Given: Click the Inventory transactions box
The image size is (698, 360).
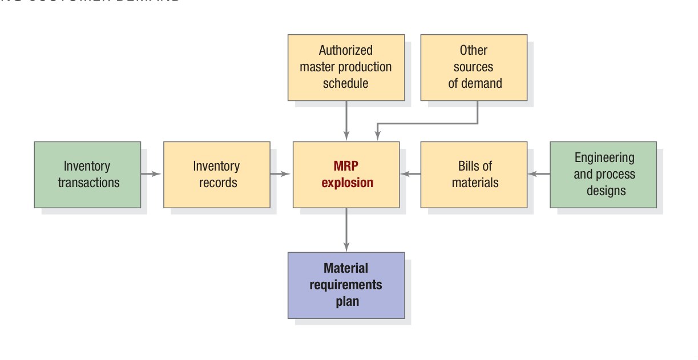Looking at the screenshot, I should tap(87, 175).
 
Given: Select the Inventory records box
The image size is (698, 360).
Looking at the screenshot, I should tap(216, 175).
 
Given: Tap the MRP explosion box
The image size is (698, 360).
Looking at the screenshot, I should tap(346, 175).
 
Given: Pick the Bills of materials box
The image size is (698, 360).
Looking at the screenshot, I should tap(474, 175).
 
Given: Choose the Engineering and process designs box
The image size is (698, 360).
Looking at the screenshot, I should tap(603, 175).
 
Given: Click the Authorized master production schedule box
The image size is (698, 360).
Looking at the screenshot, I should tap(346, 67).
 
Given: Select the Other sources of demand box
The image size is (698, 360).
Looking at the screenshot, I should tap(474, 67).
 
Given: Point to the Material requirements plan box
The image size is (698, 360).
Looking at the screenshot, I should tap(346, 285).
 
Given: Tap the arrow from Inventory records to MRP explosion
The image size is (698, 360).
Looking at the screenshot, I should tap(281, 174).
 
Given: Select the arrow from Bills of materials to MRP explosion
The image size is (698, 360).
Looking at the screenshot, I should tap(410, 174).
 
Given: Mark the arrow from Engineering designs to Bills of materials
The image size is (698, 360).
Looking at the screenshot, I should tap(538, 174).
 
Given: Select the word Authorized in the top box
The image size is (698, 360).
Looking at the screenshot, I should tap(345, 50).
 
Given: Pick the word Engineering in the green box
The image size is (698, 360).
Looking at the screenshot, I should tap(604, 157).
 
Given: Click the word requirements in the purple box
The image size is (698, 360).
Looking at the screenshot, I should tap(346, 285).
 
